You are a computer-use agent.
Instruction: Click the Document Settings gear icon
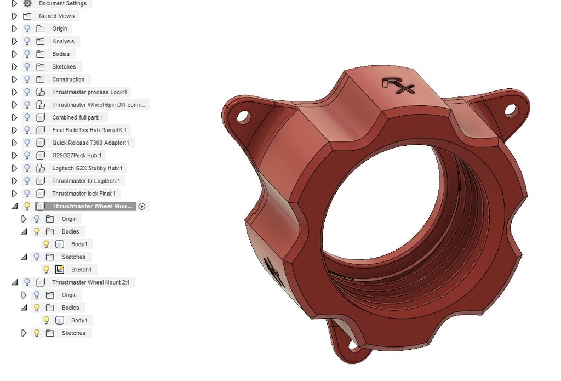coord(27,3)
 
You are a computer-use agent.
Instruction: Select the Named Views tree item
coord(56,16)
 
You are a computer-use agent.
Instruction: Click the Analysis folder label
coord(63,41)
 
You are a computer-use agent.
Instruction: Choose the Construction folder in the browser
coord(68,79)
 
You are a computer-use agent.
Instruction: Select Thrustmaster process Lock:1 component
coord(89,92)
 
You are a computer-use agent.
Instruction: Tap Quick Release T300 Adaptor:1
coord(90,143)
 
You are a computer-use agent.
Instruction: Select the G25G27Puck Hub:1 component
coord(77,155)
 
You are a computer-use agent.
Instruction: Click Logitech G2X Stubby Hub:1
coord(87,168)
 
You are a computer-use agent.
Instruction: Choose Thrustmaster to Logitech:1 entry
coord(86,181)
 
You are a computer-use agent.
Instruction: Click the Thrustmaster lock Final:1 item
coord(84,194)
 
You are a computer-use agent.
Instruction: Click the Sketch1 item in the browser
coord(81,270)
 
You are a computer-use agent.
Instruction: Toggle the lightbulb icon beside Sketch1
coord(47,270)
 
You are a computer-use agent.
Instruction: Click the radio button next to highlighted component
coord(142,206)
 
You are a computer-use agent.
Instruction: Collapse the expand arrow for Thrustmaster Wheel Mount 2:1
coord(14,282)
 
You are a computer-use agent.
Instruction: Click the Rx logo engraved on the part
coord(398,85)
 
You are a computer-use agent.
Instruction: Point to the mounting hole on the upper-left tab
coord(243,117)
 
